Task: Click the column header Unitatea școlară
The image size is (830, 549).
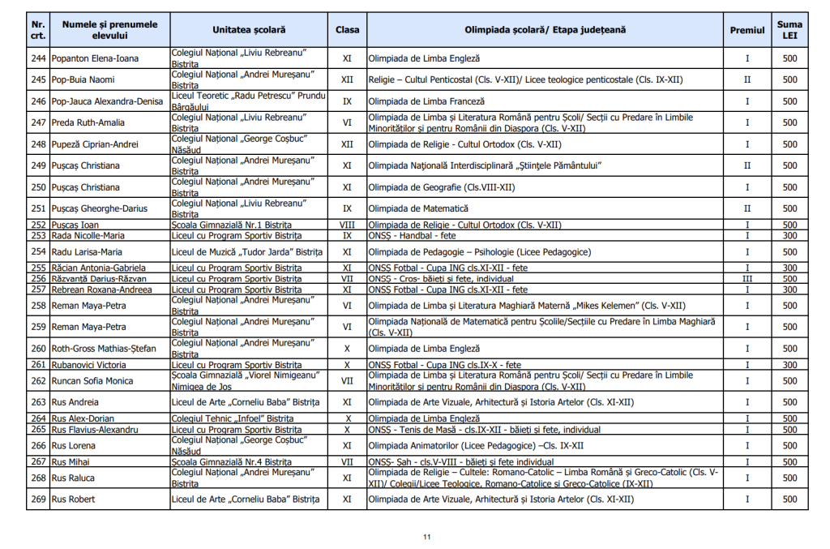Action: (x=249, y=30)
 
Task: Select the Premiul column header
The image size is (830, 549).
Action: (x=747, y=30)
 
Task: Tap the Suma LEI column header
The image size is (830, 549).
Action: (x=789, y=30)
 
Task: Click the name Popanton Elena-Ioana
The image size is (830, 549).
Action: (x=95, y=58)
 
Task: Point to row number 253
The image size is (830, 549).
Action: (x=38, y=235)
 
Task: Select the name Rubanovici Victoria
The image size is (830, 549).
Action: (x=88, y=365)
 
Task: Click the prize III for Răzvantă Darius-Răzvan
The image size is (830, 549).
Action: (x=747, y=278)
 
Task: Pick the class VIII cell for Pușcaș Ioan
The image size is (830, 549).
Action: (x=347, y=225)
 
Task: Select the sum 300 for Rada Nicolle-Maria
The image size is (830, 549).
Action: (x=789, y=235)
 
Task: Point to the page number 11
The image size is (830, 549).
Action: (x=426, y=536)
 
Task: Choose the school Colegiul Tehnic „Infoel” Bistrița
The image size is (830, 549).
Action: (x=233, y=418)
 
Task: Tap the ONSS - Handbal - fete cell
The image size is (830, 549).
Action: (x=412, y=235)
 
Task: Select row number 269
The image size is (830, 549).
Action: (x=38, y=499)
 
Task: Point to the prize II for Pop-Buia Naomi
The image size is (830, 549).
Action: (x=747, y=79)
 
